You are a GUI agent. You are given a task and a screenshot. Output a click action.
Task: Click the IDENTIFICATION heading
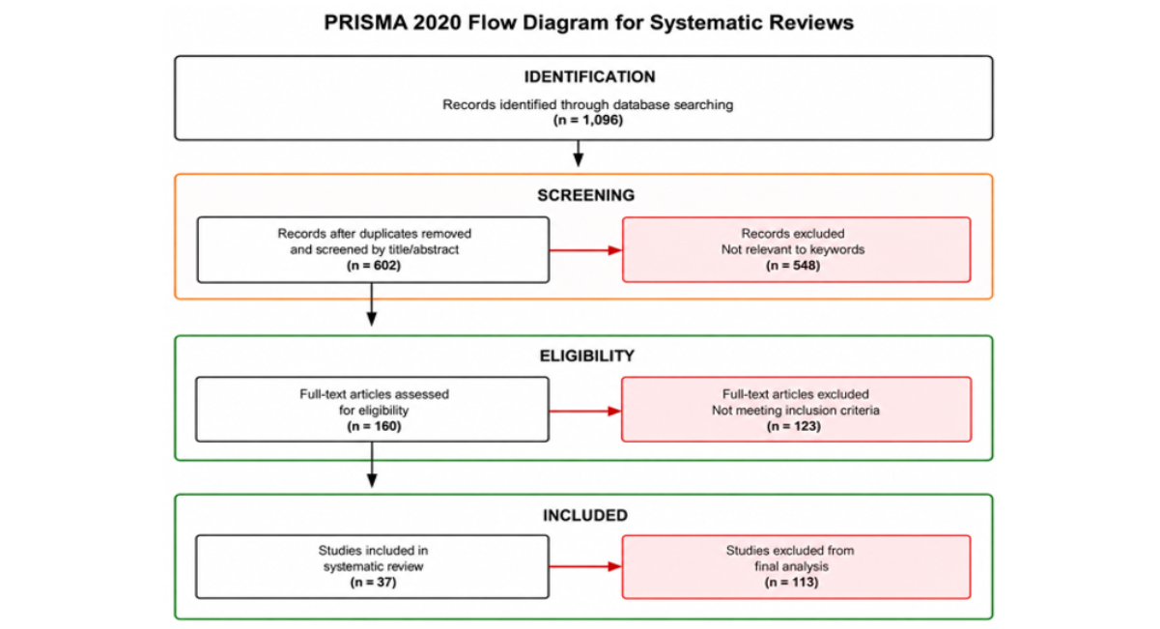pyautogui.click(x=589, y=76)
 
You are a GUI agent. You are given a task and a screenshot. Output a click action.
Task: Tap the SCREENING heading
pyautogui.click(x=585, y=195)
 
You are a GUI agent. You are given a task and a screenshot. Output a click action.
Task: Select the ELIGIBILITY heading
pyautogui.click(x=586, y=356)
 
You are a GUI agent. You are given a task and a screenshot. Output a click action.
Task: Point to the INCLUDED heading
pyautogui.click(x=585, y=516)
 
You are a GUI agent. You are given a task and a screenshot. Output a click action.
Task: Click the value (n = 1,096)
pyautogui.click(x=588, y=120)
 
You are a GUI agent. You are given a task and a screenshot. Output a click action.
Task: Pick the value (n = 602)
pyautogui.click(x=374, y=266)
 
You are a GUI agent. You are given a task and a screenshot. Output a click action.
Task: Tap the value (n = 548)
pyautogui.click(x=793, y=266)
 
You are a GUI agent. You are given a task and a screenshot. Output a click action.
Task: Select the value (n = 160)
pyautogui.click(x=374, y=426)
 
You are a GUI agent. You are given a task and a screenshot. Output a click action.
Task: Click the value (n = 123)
pyautogui.click(x=794, y=426)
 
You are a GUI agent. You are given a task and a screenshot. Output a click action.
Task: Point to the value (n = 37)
pyautogui.click(x=374, y=583)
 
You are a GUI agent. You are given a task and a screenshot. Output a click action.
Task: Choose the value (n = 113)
pyautogui.click(x=792, y=583)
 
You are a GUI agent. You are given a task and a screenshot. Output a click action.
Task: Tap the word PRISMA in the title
pyautogui.click(x=366, y=23)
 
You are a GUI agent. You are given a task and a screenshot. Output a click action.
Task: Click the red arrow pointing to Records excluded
pyautogui.click(x=585, y=251)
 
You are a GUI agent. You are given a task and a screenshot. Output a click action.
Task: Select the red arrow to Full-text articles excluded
pyautogui.click(x=585, y=412)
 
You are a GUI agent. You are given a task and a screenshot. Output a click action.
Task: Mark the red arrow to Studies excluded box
pyautogui.click(x=585, y=567)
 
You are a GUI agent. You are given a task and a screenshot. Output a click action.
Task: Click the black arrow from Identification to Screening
pyautogui.click(x=579, y=154)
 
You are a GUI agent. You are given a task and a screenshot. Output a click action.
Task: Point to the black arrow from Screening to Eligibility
pyautogui.click(x=372, y=304)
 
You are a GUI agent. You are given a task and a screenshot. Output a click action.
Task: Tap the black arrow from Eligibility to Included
pyautogui.click(x=372, y=465)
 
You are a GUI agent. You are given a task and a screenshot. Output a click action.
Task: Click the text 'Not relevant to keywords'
pyautogui.click(x=793, y=249)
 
